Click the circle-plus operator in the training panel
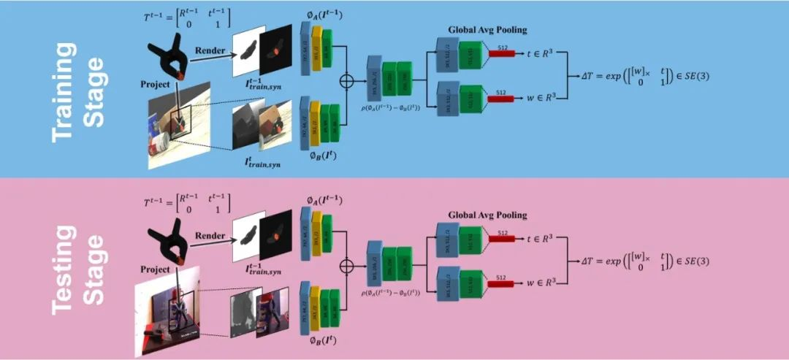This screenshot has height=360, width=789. tap(349, 77)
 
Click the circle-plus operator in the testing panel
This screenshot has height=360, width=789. tap(349, 263)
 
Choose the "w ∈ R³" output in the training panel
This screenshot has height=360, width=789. tap(538, 96)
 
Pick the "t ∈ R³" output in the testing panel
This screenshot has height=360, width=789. tap(538, 239)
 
